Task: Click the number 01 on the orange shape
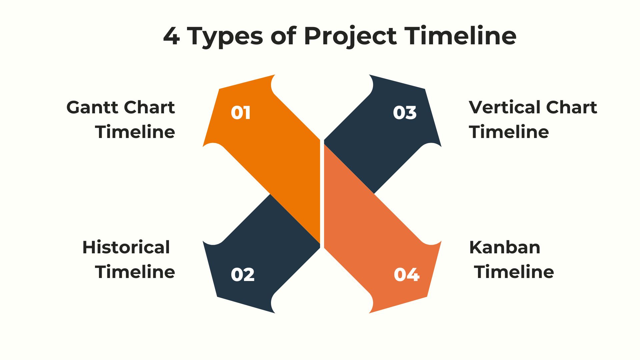(241, 113)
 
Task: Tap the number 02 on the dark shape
(243, 275)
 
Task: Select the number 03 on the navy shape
(405, 113)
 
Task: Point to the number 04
(406, 275)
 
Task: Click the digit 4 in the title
(172, 36)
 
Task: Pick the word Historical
(126, 247)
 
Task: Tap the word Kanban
(505, 247)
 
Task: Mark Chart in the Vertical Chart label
(572, 107)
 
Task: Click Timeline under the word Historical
(135, 272)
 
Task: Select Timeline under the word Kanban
(514, 272)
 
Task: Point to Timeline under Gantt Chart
(135, 132)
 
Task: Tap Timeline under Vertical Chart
(509, 132)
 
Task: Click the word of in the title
(283, 36)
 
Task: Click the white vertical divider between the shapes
(322, 193)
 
